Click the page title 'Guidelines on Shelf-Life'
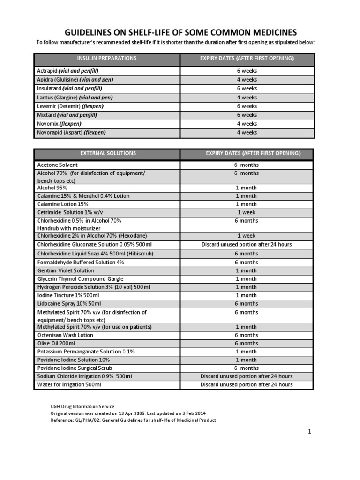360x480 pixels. tap(180, 32)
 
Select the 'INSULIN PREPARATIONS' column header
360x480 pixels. tap(106, 58)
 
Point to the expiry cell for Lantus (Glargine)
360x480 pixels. tap(247, 97)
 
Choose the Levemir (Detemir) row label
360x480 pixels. tap(70, 106)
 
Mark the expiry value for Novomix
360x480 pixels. tap(247, 124)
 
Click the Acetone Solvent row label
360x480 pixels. tap(57, 165)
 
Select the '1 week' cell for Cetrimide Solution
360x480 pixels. tap(247, 212)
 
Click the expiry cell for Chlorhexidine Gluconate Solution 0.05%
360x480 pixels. tap(247, 245)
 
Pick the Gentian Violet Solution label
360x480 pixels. tap(66, 270)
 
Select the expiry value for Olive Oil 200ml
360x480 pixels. tap(247, 344)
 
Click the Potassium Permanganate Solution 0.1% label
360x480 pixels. tap(86, 352)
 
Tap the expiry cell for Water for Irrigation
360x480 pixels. tap(247, 385)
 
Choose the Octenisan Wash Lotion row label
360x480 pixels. tap(65, 335)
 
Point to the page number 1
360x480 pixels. tap(310, 432)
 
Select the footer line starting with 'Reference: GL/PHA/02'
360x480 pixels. tap(133, 420)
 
